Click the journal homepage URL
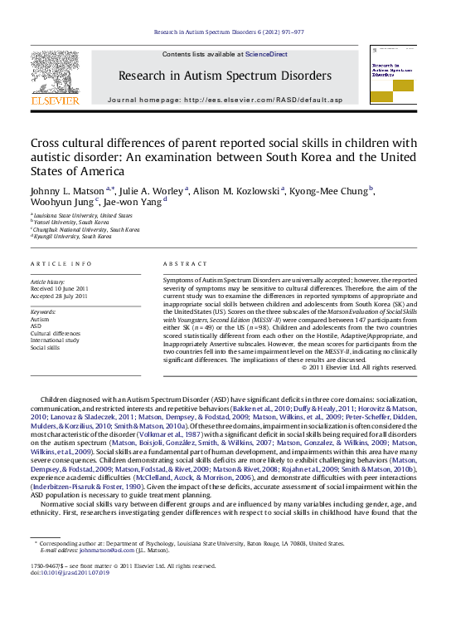[263, 100]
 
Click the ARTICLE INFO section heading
[61, 263]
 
